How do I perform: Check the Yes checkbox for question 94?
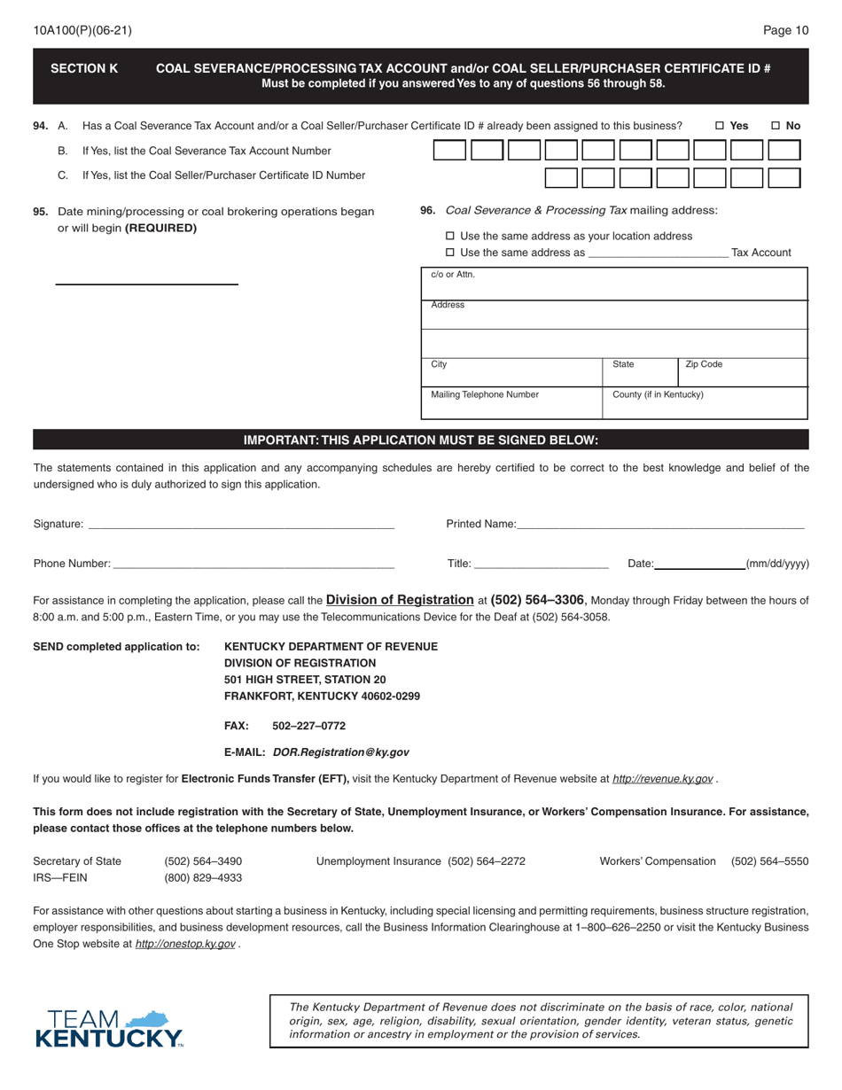click(720, 126)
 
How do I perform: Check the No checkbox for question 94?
click(776, 126)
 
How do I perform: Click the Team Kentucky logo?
click(109, 1028)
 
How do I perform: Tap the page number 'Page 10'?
click(785, 30)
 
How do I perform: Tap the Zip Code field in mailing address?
click(743, 372)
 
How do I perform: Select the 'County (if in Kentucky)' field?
click(706, 403)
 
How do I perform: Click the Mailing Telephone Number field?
click(511, 403)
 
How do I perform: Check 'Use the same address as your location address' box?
click(449, 236)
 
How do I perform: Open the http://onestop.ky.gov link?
click(184, 944)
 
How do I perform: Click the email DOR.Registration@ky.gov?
click(340, 751)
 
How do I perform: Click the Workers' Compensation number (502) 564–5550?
click(769, 860)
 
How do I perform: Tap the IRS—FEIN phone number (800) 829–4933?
click(203, 877)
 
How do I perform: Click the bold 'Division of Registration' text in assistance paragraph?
click(400, 599)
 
